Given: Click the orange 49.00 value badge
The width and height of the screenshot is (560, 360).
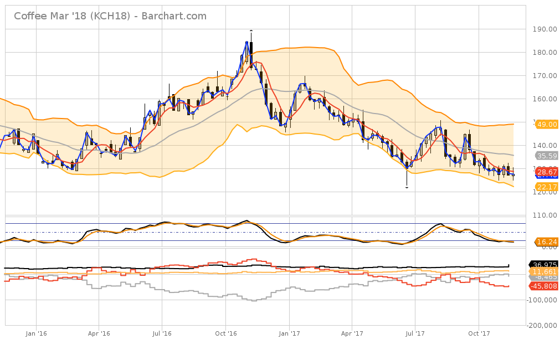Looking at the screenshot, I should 546,125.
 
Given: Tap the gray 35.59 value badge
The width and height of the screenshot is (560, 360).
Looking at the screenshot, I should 546,156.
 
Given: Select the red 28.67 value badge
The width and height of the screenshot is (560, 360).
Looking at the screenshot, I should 546,173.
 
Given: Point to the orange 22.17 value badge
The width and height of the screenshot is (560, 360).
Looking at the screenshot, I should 546,187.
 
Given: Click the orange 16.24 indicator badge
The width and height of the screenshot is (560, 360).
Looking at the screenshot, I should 546,242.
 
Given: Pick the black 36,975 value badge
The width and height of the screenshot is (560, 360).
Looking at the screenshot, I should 544,265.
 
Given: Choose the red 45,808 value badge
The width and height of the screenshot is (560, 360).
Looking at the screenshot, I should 544,286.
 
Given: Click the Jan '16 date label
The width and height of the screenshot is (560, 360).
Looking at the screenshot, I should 36,333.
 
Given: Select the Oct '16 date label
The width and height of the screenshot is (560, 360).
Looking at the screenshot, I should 225,333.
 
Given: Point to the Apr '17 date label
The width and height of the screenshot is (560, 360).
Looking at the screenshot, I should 352,333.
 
